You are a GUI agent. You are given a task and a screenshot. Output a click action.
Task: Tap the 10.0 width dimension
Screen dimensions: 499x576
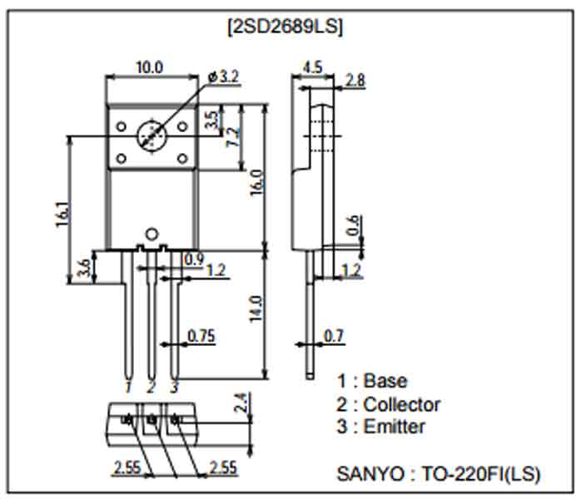pyautogui.click(x=150, y=67)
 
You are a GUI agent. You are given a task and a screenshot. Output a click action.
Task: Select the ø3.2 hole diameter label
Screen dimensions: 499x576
pyautogui.click(x=224, y=77)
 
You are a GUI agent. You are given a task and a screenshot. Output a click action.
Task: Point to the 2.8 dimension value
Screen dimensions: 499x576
pyautogui.click(x=355, y=81)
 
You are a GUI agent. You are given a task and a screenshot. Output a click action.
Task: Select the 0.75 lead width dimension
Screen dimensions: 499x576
pyautogui.click(x=201, y=335)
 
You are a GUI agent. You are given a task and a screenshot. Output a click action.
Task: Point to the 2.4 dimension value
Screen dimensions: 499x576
pyautogui.click(x=241, y=403)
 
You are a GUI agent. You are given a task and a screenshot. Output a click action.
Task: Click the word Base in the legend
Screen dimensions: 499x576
pyautogui.click(x=385, y=381)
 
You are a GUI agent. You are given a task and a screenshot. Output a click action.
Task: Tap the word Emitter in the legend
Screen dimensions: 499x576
pyautogui.click(x=395, y=427)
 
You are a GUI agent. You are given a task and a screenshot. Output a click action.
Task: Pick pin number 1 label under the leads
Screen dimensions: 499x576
pyautogui.click(x=128, y=388)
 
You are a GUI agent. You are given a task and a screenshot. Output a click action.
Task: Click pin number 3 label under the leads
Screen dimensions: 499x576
pyautogui.click(x=173, y=388)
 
